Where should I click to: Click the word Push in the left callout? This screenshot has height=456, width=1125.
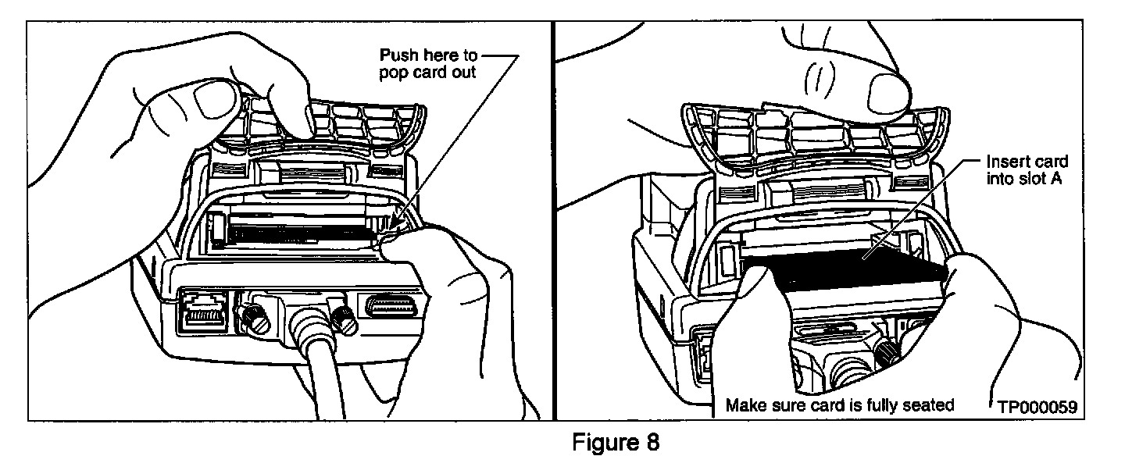click(396, 56)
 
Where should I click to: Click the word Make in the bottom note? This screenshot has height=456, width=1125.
click(744, 405)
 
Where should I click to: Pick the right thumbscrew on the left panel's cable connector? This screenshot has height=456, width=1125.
click(341, 316)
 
